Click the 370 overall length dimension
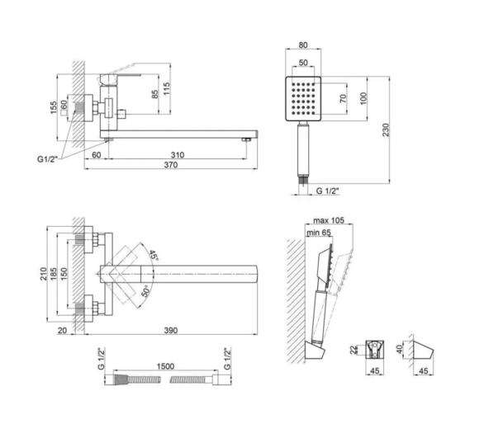pos(171,165)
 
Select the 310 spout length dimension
pos(178,155)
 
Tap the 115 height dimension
pos(166,88)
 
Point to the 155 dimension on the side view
pos(54,107)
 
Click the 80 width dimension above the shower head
pos(303,45)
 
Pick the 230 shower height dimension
pos(386,130)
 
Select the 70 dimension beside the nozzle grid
pos(343,99)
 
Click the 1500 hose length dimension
pos(165,366)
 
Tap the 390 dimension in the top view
pos(171,330)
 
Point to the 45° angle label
pos(154,256)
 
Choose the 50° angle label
pos(145,291)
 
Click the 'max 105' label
pos(329,220)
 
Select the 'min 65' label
pos(319,233)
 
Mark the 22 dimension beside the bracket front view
pos(354,350)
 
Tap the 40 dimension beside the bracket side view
pos(400,349)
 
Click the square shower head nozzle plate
pos(303,99)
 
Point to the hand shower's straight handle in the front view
pos(303,150)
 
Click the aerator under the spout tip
pos(246,140)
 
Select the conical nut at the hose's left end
pos(121,379)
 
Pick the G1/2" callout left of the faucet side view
pos(48,159)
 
